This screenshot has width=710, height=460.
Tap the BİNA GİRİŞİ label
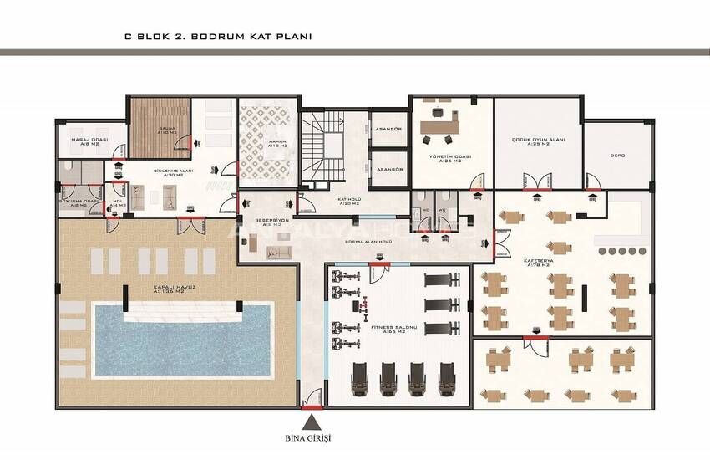[x=314, y=437]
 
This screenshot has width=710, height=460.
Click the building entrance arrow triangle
[x=314, y=420]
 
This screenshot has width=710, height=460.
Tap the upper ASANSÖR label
[x=390, y=130]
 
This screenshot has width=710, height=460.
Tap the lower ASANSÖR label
[x=390, y=169]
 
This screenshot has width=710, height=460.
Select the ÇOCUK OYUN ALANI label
[x=538, y=142]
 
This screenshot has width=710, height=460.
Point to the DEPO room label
[x=618, y=155]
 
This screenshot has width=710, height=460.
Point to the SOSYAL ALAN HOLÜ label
[x=368, y=242]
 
